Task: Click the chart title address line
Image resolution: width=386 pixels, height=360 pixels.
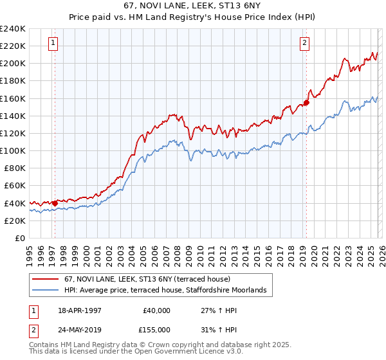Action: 192,6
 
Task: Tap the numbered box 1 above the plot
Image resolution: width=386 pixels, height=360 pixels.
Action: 52,43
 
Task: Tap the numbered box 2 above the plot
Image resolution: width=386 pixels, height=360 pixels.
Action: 304,43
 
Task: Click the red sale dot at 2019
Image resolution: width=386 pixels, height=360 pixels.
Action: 307,102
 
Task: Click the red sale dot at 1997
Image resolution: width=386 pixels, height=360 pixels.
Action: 55,203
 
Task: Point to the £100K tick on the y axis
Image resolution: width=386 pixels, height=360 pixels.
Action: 14,150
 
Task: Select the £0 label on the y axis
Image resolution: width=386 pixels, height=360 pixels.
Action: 19,238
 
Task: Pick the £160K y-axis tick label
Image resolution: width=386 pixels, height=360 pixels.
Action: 14,98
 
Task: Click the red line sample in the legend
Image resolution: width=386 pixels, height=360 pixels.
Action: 46,280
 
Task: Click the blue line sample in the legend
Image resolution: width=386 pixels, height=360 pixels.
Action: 46,291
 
